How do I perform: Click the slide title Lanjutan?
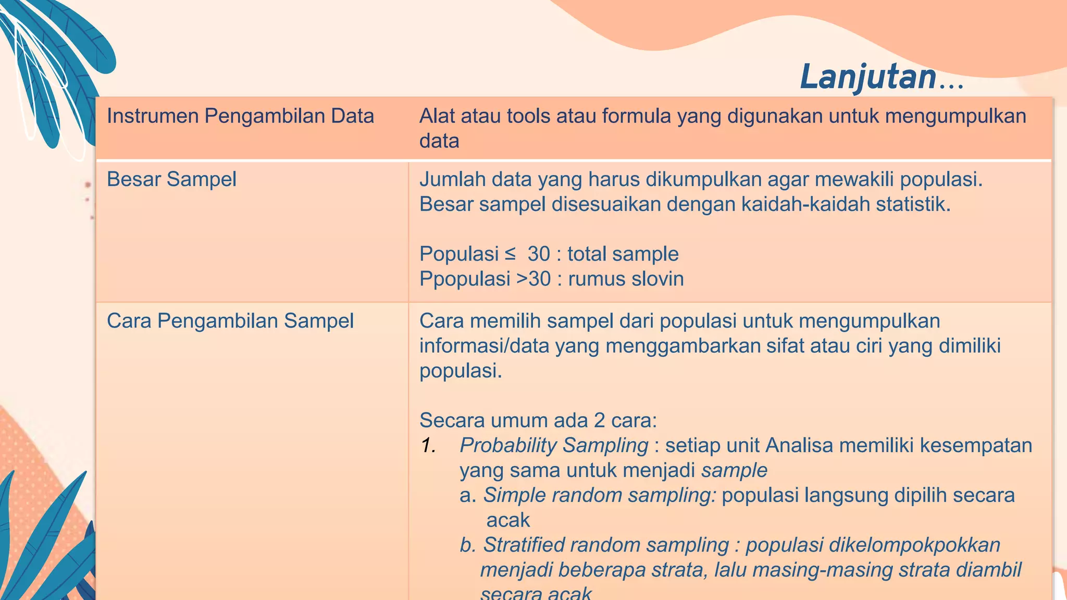(869, 77)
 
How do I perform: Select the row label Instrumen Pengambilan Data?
(240, 116)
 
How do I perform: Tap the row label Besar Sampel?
(171, 180)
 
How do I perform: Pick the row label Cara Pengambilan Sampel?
(230, 321)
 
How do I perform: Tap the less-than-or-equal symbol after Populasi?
(510, 254)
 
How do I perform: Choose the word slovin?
(657, 279)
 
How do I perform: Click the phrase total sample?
(623, 254)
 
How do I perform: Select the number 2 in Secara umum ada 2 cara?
(599, 420)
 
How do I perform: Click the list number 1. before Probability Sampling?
(428, 446)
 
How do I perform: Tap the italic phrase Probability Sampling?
(553, 446)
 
